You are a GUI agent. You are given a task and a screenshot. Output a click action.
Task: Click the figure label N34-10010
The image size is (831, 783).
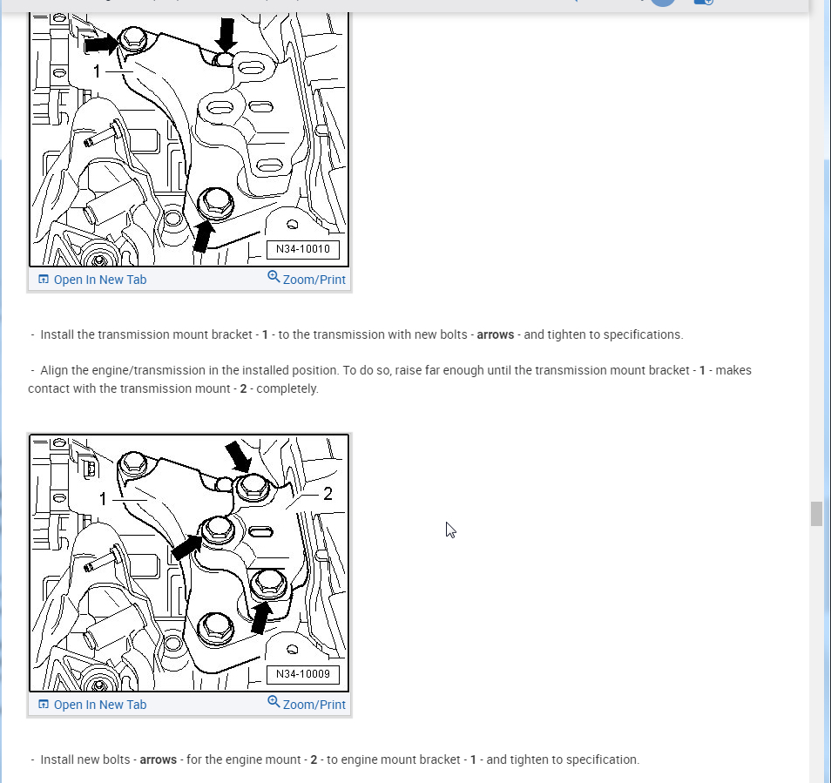[302, 249]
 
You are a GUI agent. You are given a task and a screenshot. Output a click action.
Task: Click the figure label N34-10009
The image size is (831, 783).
[302, 674]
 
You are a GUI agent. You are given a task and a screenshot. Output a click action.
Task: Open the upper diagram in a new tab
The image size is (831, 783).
[92, 280]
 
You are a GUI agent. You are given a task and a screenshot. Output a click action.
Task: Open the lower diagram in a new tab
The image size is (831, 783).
[92, 705]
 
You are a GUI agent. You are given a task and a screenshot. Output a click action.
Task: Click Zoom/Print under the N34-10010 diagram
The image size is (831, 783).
[307, 279]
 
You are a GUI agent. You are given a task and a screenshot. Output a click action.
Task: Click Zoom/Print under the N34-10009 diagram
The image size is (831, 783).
[307, 704]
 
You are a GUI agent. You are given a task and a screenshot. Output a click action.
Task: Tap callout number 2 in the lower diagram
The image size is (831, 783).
[328, 494]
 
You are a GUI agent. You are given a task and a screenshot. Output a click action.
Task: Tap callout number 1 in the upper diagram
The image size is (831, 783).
[97, 71]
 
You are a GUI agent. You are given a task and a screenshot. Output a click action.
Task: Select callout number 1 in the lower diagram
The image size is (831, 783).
[103, 498]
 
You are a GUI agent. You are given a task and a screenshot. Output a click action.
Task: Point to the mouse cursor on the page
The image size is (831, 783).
[450, 530]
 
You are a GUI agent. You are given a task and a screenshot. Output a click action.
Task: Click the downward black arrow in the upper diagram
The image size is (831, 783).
[226, 34]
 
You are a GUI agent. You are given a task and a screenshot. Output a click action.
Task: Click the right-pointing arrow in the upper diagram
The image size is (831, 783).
[102, 44]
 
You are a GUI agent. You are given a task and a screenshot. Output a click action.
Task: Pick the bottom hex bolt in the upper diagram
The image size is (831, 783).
[216, 203]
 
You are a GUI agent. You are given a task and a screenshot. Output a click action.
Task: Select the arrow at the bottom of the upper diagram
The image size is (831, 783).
[203, 236]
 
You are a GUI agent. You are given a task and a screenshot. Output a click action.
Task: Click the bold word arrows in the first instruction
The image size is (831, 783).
[496, 334]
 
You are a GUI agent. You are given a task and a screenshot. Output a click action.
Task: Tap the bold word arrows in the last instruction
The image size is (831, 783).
[158, 759]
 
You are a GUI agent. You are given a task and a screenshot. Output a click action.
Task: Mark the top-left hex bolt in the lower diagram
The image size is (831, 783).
[132, 463]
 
